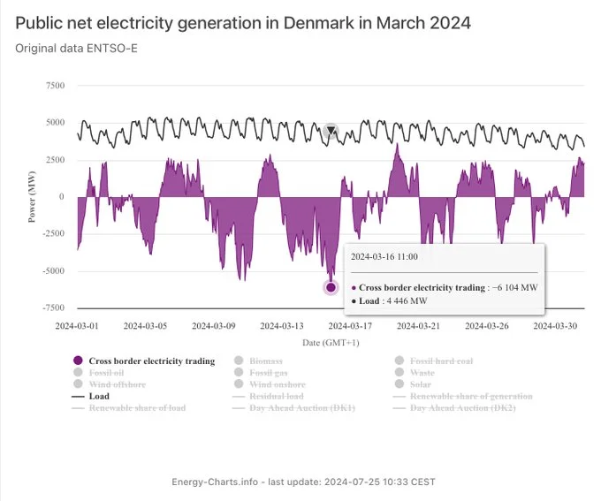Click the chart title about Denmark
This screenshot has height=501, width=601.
pyautogui.click(x=243, y=22)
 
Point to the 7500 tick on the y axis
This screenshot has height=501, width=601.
pyautogui.click(x=54, y=86)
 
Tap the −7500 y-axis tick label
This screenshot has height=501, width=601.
pyautogui.click(x=52, y=308)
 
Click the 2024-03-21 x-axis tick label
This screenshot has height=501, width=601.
pyautogui.click(x=418, y=326)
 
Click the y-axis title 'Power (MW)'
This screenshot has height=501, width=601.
pyautogui.click(x=32, y=197)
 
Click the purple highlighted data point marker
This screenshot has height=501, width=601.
pyautogui.click(x=331, y=287)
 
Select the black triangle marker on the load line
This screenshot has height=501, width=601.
pyautogui.click(x=331, y=132)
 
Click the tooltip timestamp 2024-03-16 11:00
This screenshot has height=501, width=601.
pyautogui.click(x=384, y=256)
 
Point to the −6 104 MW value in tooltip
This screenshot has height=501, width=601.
pyautogui.click(x=514, y=287)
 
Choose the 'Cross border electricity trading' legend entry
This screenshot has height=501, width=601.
pyautogui.click(x=151, y=361)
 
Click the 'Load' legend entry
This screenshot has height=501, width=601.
pyautogui.click(x=99, y=397)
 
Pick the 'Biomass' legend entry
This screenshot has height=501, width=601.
pyautogui.click(x=265, y=361)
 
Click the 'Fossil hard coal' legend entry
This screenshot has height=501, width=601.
pyautogui.click(x=440, y=361)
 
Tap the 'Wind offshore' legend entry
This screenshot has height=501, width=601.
pyautogui.click(x=117, y=384)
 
